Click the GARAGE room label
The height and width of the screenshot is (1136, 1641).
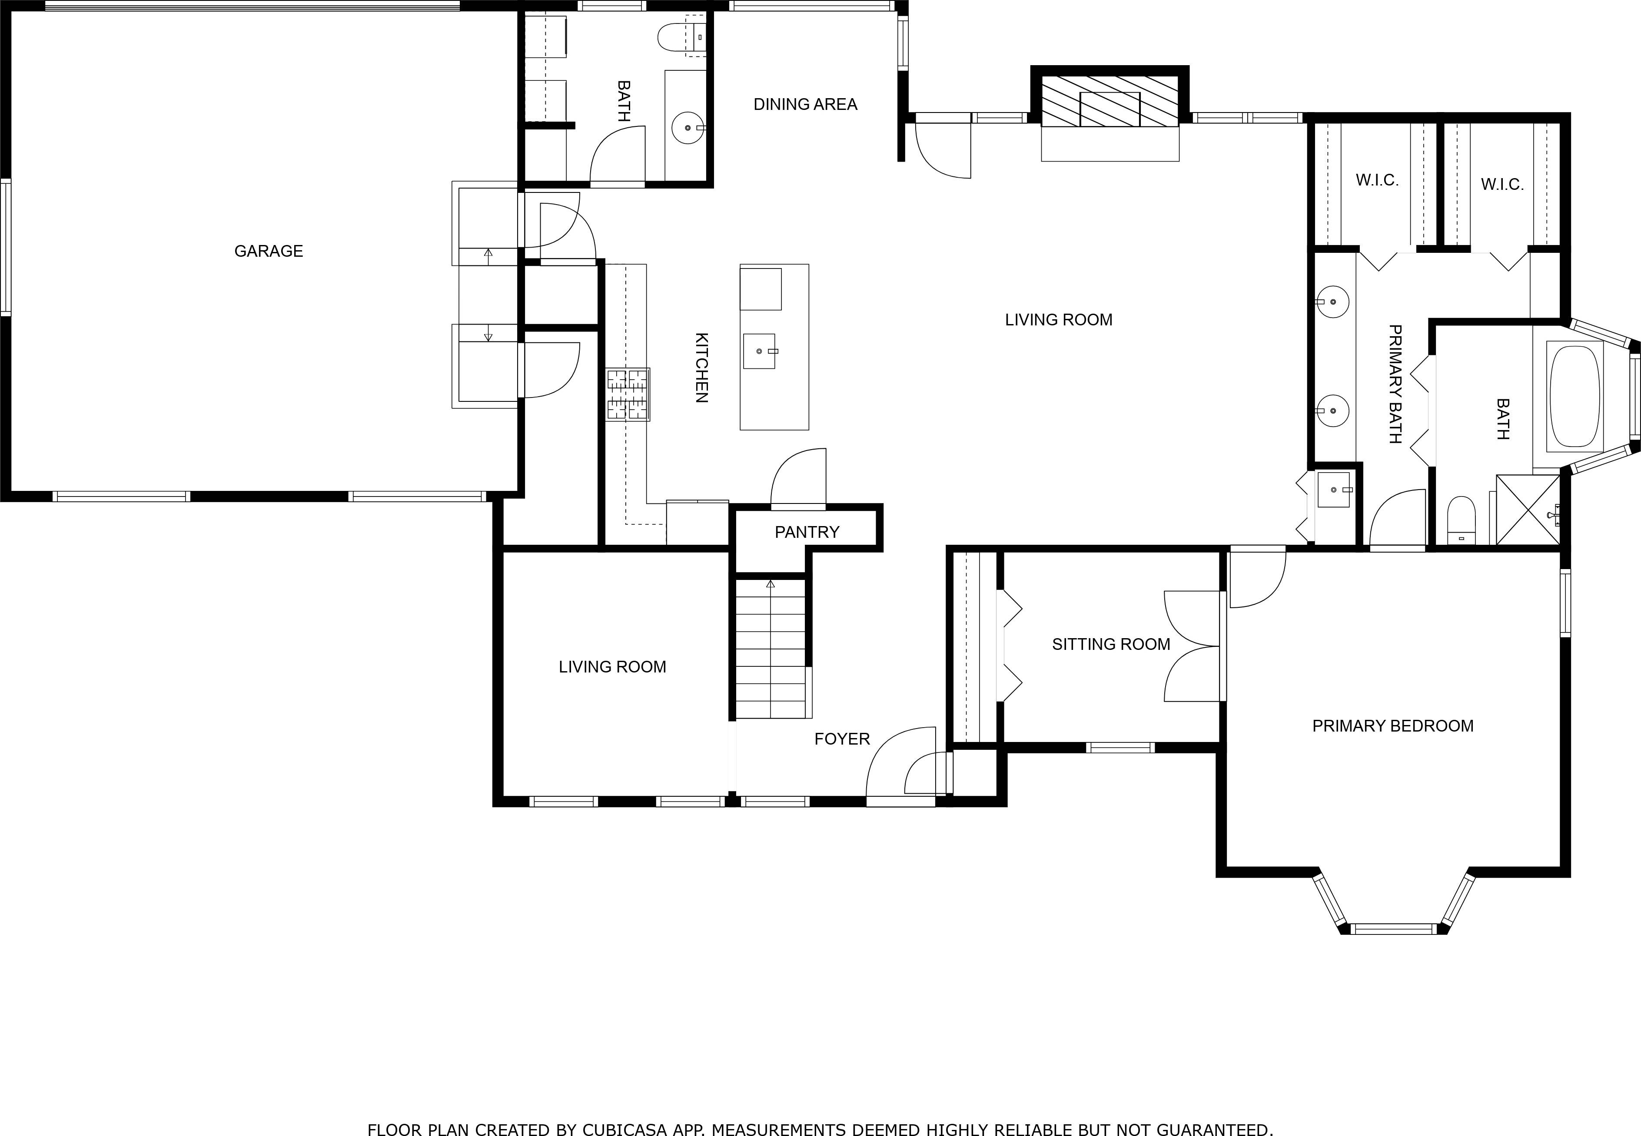(x=269, y=251)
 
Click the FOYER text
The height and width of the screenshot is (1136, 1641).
(x=841, y=739)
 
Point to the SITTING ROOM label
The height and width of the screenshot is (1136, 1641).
(x=1111, y=645)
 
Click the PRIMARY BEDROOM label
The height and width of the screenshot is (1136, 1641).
(x=1392, y=726)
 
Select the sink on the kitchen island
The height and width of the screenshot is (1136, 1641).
(x=759, y=351)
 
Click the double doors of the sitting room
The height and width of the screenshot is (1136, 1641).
(x=1193, y=646)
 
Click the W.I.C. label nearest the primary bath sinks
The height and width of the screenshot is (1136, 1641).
(x=1377, y=180)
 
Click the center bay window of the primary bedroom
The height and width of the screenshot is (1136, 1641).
(x=1393, y=929)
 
